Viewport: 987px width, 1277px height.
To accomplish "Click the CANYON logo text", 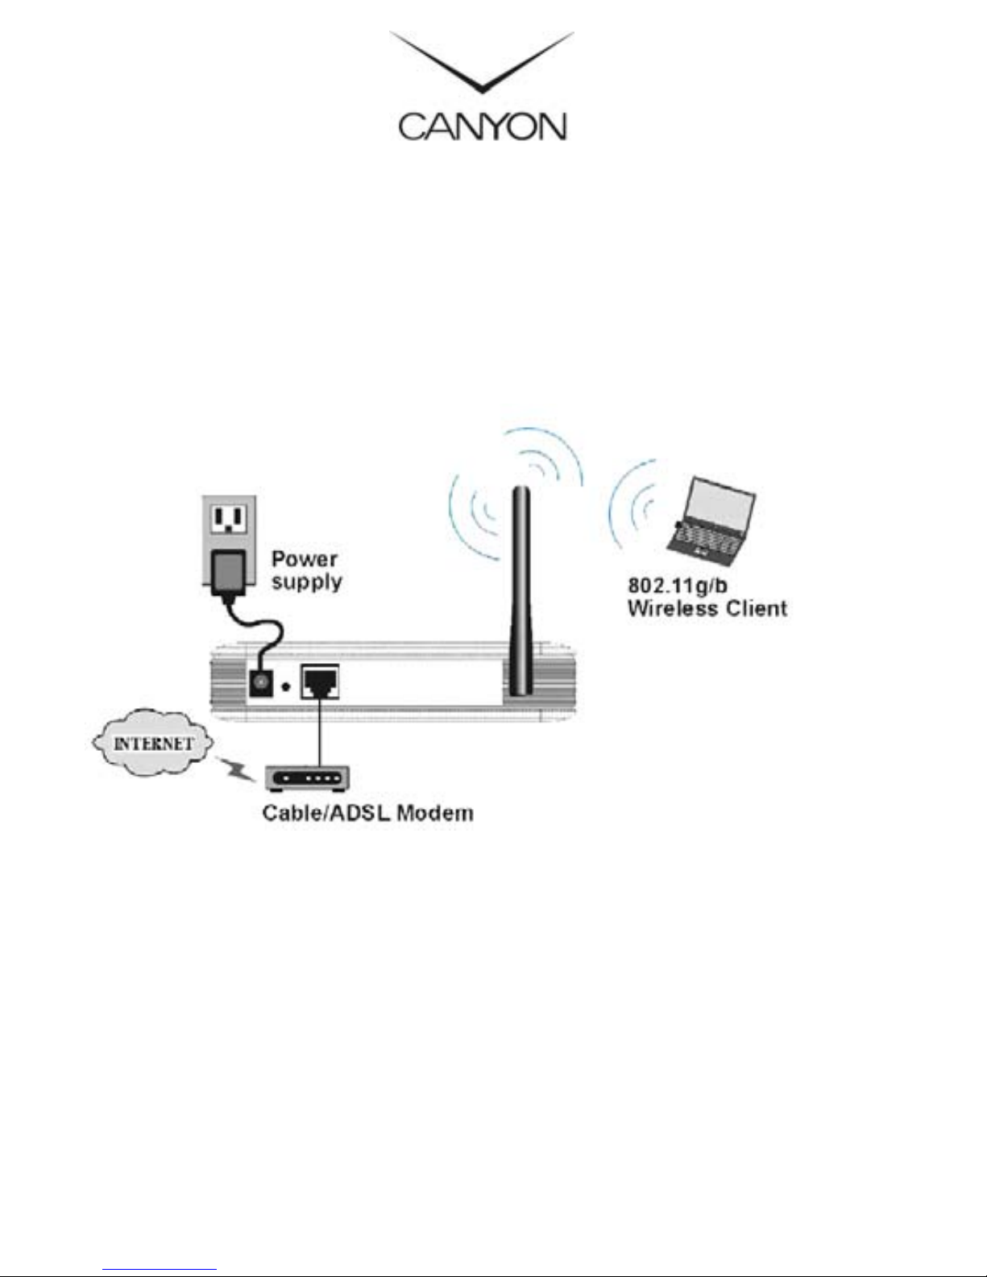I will (483, 126).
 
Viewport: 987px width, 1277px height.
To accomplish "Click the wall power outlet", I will (228, 519).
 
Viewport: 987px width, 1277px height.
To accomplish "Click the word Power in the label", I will (304, 559).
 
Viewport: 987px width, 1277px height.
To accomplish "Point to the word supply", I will (307, 582).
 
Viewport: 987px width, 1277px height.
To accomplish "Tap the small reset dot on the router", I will (285, 687).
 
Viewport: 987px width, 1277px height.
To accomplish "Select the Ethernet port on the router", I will (320, 682).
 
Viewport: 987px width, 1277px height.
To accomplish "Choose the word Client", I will (754, 608).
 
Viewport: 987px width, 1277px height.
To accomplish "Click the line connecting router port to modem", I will (320, 733).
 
